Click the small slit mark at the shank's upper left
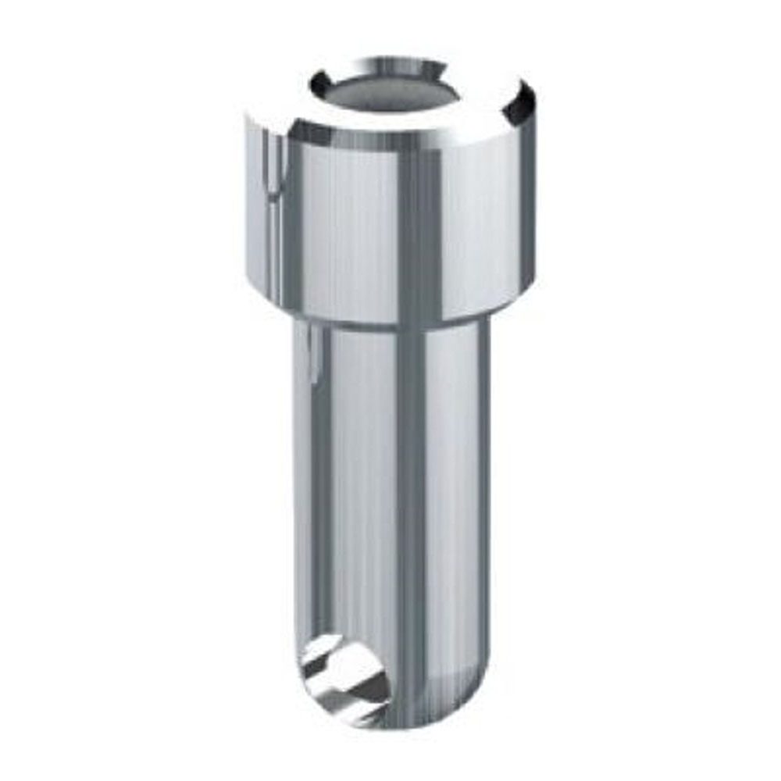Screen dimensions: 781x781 click(x=313, y=351)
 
